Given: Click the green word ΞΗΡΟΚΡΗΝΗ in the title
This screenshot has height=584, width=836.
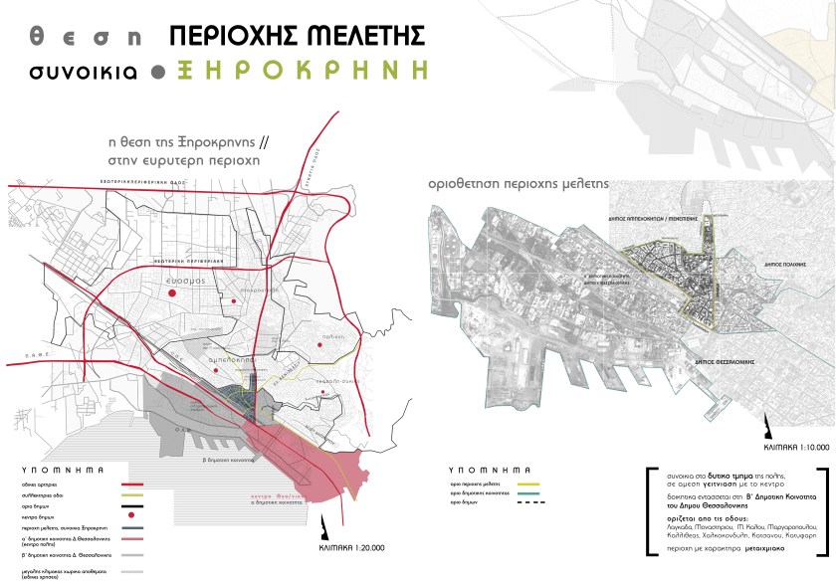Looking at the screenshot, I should pos(306,71).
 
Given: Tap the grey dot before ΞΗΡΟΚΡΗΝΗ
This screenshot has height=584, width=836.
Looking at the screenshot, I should pos(157,72).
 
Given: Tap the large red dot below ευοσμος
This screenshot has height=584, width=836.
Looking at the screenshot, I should pos(171,294).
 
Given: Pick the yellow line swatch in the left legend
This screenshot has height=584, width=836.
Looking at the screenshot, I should pos(131,494).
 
